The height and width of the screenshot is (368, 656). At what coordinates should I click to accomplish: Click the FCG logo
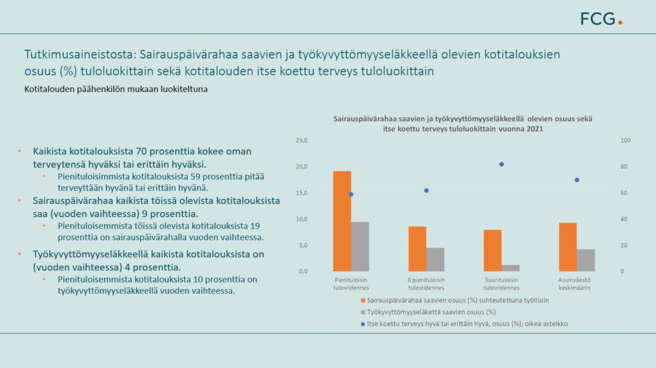coord(601,19)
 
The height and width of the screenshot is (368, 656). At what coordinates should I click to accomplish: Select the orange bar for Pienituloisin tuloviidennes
coord(342,221)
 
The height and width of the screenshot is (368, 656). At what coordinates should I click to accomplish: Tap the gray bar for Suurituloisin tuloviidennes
coord(511,268)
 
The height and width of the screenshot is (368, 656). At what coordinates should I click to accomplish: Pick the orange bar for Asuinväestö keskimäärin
coord(568,247)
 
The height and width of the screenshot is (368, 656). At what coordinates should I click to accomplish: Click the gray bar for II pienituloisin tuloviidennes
coord(435,260)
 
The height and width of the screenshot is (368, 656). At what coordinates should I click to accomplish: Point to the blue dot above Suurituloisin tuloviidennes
coord(502,164)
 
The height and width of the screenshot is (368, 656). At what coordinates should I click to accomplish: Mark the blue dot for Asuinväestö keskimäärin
coord(577,180)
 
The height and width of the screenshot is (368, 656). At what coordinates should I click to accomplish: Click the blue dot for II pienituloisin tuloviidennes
coord(426,191)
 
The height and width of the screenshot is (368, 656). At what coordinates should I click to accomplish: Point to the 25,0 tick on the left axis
coord(302,141)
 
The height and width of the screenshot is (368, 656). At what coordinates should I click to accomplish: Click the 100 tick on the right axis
coord(625,141)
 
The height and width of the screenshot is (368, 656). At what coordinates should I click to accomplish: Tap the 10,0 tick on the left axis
coord(302,219)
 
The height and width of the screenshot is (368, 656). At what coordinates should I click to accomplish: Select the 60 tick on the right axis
coord(624,193)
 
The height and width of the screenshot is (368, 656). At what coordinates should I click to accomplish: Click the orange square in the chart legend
coord(363,300)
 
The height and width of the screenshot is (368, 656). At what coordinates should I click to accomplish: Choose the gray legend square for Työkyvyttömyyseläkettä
coord(363,312)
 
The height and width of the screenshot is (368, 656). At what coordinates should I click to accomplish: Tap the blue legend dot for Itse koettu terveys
coord(363,324)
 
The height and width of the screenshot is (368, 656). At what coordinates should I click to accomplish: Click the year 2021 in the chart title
coord(535,129)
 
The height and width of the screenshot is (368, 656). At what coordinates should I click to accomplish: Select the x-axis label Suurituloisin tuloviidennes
coord(502,284)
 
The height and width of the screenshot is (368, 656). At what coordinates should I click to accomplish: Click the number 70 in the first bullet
coord(142,152)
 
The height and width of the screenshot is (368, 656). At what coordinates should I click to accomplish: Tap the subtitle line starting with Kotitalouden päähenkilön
coord(116,89)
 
